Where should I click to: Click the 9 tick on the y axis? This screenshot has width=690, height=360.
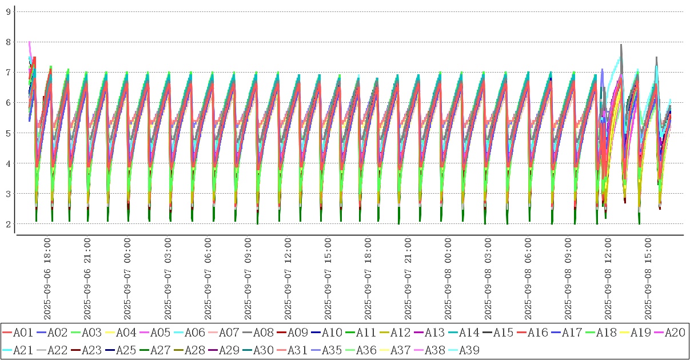coord(8,11)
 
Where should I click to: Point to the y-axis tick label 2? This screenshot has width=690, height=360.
coord(8,224)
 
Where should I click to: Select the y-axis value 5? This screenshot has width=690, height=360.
coord(8,133)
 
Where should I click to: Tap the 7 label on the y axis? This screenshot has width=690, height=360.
coord(8,73)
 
